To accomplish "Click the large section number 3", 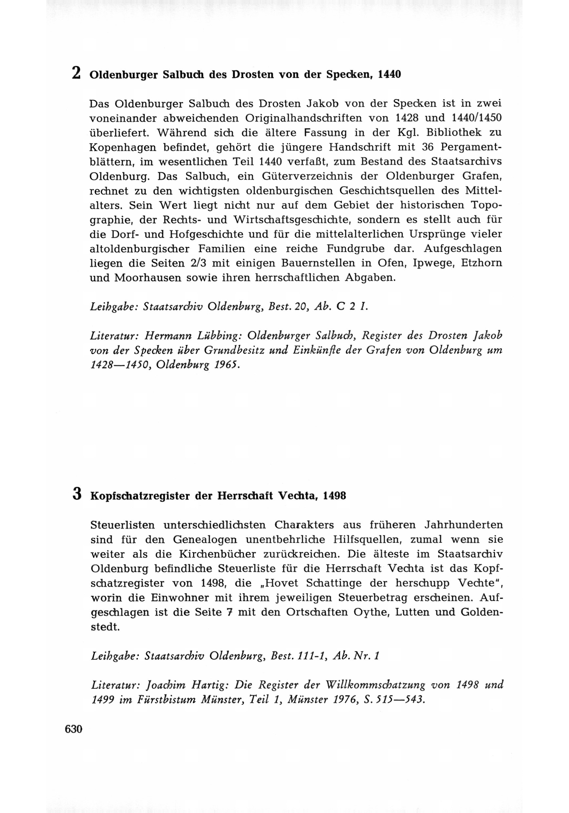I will pos(77,494).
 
